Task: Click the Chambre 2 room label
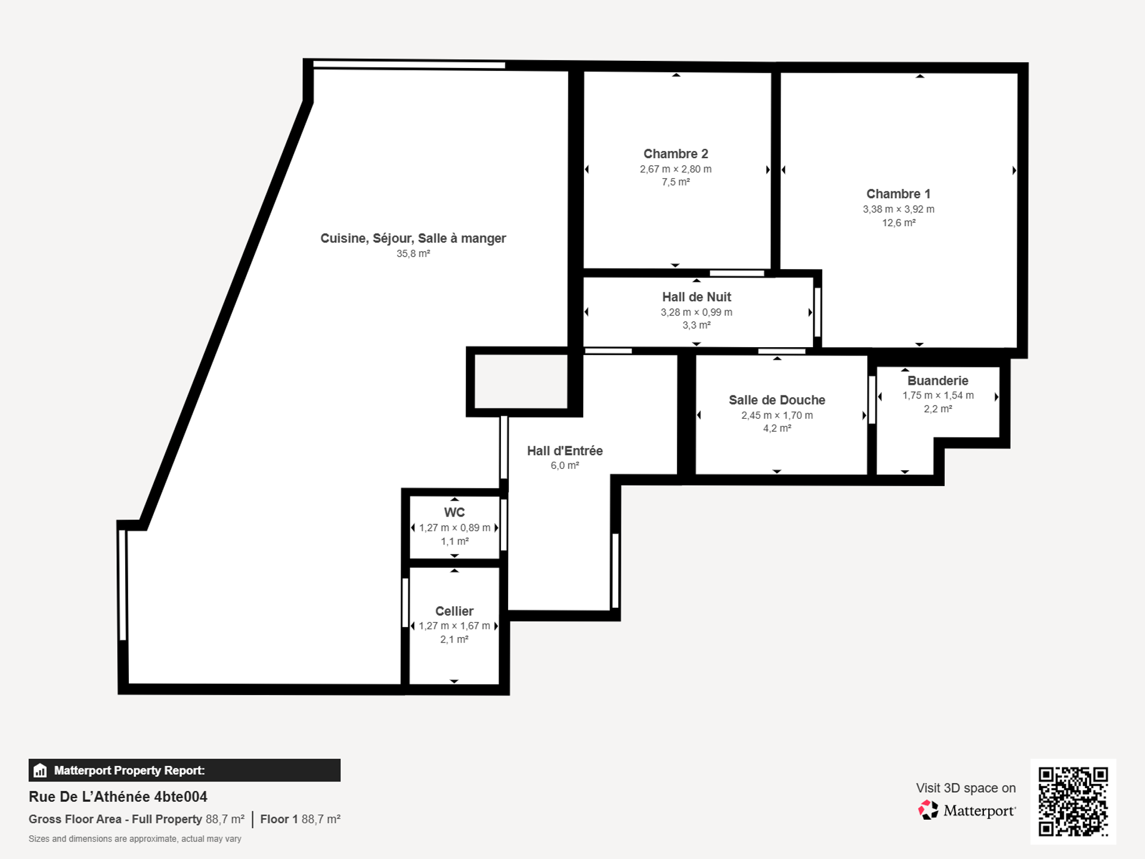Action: tap(676, 154)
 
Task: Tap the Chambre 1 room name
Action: tap(898, 194)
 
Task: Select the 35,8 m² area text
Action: tap(413, 254)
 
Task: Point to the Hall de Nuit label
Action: tap(697, 297)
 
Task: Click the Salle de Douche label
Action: tap(777, 400)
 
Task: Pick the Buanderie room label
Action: tap(938, 381)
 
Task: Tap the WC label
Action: tap(454, 512)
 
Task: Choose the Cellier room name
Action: tap(454, 611)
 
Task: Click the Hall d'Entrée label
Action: tap(565, 451)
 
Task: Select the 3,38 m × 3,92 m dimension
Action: tap(899, 209)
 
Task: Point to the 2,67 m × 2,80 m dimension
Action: tap(676, 169)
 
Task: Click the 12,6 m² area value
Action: tap(899, 223)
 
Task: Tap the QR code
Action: tap(1073, 802)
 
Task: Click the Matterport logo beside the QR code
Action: tap(967, 810)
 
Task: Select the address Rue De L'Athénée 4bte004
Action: tap(118, 797)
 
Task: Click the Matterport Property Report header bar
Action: tap(184, 770)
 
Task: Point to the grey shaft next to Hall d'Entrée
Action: tap(521, 382)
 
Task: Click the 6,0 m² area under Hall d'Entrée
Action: tap(565, 466)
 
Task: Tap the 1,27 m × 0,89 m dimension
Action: tap(454, 528)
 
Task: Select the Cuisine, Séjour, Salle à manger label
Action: tap(413, 239)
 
